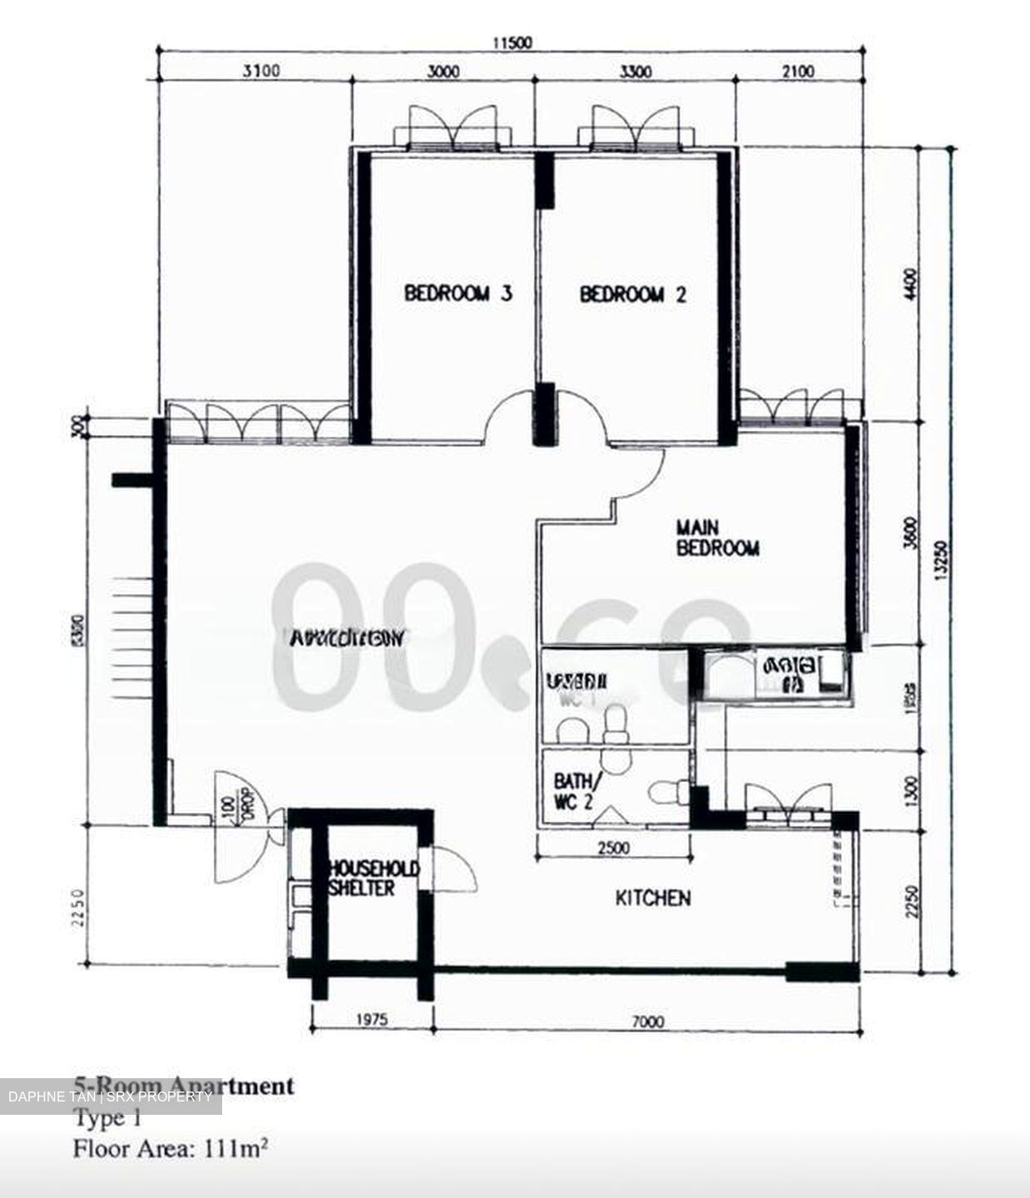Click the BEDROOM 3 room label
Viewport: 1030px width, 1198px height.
[x=458, y=294]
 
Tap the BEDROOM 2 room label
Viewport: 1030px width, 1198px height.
[x=633, y=295]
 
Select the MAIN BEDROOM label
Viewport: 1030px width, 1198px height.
[x=717, y=538]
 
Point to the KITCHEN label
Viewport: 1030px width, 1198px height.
[x=652, y=898]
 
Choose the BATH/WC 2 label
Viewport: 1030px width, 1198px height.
[x=575, y=791]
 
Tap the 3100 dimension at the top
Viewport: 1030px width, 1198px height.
[x=260, y=72]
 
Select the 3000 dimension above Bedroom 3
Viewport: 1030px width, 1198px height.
[x=443, y=72]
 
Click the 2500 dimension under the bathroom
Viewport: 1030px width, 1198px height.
[x=613, y=849]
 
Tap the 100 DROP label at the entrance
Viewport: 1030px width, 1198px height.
[x=235, y=805]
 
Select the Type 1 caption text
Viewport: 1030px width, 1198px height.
[x=107, y=1119]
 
